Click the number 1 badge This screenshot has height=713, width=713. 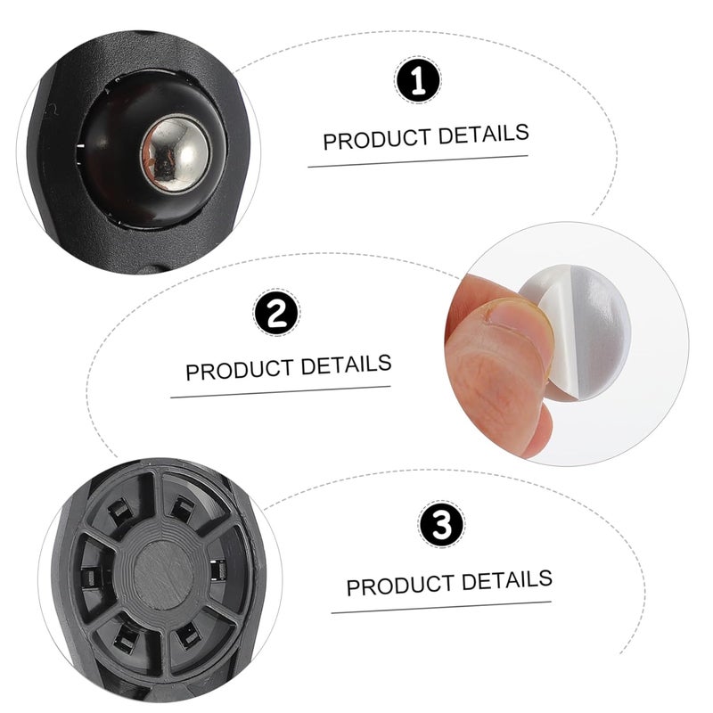click(417, 82)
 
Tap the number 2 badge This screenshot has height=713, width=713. click(276, 313)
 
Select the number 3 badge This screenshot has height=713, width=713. click(440, 524)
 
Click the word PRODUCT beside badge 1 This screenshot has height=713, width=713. click(374, 139)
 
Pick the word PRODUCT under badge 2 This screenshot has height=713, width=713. click(238, 369)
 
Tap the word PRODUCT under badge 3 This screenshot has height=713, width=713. click(397, 586)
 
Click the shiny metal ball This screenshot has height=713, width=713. click(175, 153)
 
